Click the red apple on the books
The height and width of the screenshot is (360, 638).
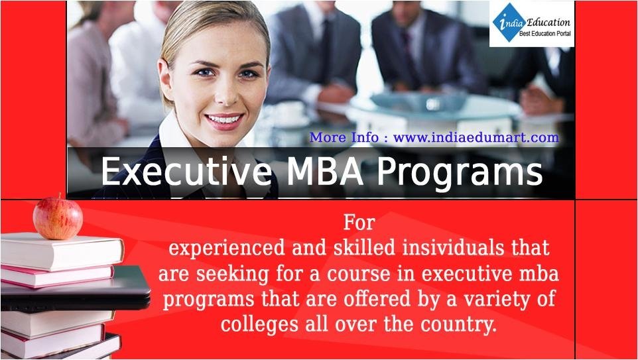[58, 218]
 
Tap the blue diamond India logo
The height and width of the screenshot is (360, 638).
[509, 23]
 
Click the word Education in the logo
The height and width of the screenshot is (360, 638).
[548, 22]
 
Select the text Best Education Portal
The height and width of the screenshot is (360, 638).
[545, 34]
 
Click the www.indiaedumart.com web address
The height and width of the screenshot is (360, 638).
[476, 137]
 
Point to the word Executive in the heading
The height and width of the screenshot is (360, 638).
[186, 172]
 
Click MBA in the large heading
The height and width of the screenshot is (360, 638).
[325, 172]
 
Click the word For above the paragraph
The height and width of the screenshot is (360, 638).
[359, 223]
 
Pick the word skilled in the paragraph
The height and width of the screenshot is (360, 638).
[364, 248]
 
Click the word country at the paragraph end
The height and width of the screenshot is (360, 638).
[458, 325]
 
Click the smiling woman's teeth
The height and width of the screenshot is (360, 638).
[223, 120]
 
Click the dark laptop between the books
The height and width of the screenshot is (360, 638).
[76, 289]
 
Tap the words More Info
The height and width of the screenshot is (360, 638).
[344, 137]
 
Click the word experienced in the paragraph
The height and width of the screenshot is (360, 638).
[227, 249]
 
